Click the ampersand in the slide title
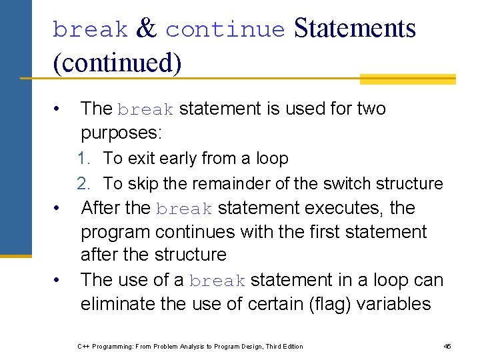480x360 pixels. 146,29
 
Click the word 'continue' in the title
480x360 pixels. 225,30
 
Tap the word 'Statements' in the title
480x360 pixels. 355,29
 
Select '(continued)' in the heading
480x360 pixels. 117,62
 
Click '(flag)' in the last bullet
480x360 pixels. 326,304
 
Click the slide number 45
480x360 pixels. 447,346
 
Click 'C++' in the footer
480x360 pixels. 83,347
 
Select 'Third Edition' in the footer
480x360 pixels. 284,347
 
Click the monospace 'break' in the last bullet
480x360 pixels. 217,281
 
